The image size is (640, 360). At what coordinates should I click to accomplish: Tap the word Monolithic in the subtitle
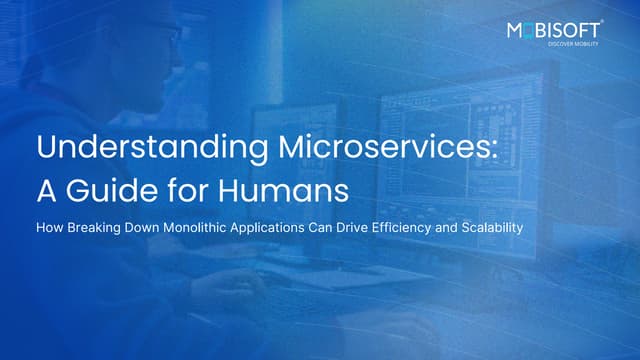coord(210,227)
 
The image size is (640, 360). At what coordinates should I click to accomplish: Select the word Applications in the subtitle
coord(295,227)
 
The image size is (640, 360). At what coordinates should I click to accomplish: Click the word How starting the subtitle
coord(49,227)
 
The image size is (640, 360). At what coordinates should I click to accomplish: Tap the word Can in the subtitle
coord(347,227)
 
